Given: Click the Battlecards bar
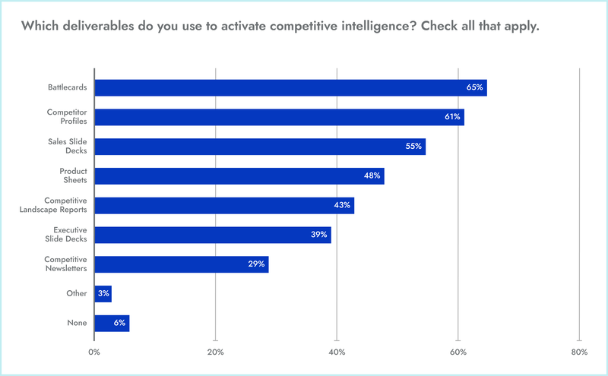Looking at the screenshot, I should point(289,87).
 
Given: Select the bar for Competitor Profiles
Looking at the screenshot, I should point(278,117).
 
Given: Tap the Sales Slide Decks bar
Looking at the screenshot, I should point(259,147).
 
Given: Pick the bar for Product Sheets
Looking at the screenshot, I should point(239,176).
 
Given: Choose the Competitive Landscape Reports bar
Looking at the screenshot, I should point(223,205).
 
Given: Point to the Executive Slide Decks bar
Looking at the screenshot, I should point(212,235).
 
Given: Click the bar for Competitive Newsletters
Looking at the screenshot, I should point(181,264).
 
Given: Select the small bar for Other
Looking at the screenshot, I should point(103,294).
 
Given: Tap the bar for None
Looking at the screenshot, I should point(111,323).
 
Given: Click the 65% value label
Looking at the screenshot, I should point(475,87).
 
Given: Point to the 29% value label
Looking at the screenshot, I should point(256,264).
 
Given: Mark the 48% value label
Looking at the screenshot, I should point(372,176).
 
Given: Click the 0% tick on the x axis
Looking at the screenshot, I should point(94,352).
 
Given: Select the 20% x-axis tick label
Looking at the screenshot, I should point(216,352).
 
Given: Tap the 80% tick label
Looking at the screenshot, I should point(579,352).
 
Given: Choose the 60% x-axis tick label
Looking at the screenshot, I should point(458,352).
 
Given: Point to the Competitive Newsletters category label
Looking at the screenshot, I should point(65,264).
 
